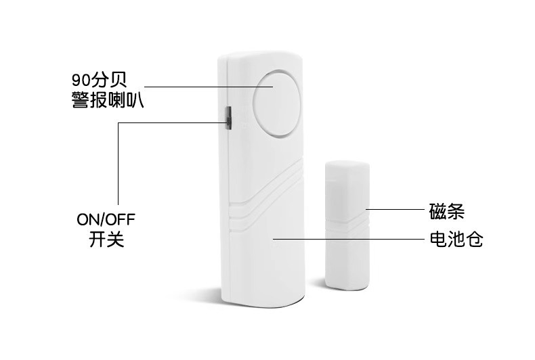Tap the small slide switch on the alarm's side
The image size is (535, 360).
tap(229, 118)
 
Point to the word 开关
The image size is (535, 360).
tap(107, 240)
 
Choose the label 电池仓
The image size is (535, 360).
tap(456, 238)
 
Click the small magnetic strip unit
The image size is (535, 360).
tap(346, 223)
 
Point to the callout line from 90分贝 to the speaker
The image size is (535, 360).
tap(203, 87)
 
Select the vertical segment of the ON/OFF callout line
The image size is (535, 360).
tap(118, 162)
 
